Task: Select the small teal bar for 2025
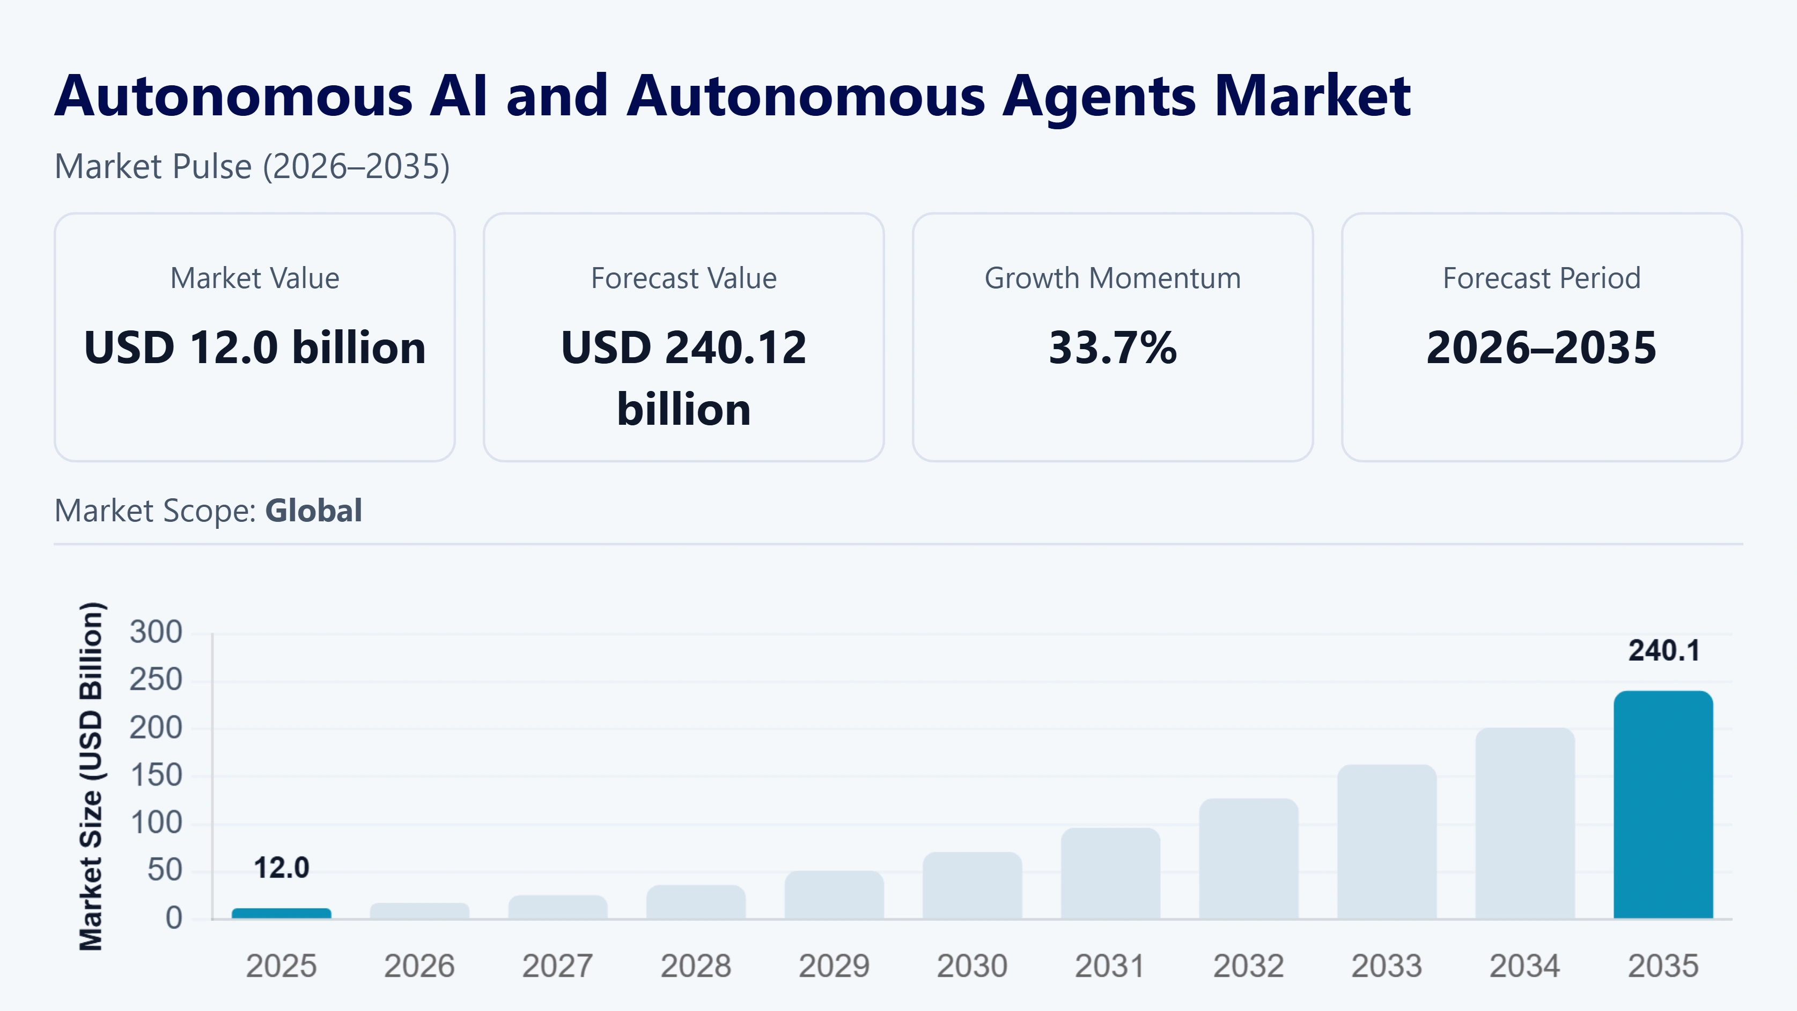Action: [281, 913]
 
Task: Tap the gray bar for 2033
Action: [1387, 842]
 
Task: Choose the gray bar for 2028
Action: [696, 902]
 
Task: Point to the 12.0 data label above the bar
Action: [281, 868]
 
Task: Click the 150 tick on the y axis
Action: [156, 775]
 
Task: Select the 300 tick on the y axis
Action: [156, 632]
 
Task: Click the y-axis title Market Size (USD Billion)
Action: [91, 776]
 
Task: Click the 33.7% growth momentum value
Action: [1113, 348]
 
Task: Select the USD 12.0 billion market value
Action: [255, 348]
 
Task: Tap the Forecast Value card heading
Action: [683, 278]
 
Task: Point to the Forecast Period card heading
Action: [1542, 278]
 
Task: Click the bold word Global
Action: [313, 511]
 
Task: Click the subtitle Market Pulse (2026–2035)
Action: [252, 167]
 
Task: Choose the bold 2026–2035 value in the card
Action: [1542, 348]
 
